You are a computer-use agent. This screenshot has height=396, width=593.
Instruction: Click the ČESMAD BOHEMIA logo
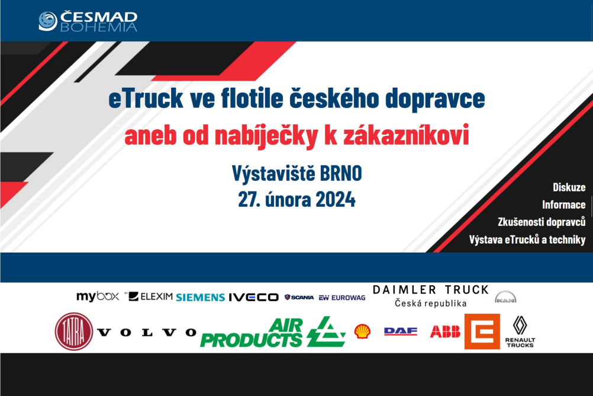pyautogui.click(x=88, y=21)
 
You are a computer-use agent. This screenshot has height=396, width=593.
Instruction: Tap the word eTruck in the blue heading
pyautogui.click(x=146, y=98)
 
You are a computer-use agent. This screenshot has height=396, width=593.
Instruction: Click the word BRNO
pyautogui.click(x=341, y=174)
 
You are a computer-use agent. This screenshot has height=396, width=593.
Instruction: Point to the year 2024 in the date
pyautogui.click(x=336, y=199)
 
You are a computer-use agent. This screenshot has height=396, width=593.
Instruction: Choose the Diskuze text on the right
pyautogui.click(x=569, y=187)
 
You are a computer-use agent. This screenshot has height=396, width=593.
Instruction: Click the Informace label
pyautogui.click(x=563, y=205)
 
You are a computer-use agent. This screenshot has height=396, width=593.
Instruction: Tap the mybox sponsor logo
pyautogui.click(x=98, y=296)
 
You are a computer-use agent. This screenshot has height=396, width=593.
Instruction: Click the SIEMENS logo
pyautogui.click(x=201, y=298)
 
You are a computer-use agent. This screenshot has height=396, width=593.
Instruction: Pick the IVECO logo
pyautogui.click(x=253, y=298)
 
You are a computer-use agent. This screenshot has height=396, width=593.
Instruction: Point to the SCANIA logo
pyautogui.click(x=299, y=298)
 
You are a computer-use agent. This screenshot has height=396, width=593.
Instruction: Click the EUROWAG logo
pyautogui.click(x=342, y=298)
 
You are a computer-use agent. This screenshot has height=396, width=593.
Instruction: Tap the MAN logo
pyautogui.click(x=505, y=297)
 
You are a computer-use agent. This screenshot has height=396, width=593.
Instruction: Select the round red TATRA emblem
pyautogui.click(x=74, y=331)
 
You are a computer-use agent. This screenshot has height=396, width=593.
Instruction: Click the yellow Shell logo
pyautogui.click(x=362, y=331)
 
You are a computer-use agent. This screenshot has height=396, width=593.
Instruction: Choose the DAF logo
pyautogui.click(x=401, y=331)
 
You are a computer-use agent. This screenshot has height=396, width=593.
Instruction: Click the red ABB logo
pyautogui.click(x=445, y=332)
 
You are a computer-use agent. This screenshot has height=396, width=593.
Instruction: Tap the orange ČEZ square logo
pyautogui.click(x=482, y=331)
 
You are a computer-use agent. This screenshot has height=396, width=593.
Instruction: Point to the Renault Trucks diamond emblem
pyautogui.click(x=520, y=325)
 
